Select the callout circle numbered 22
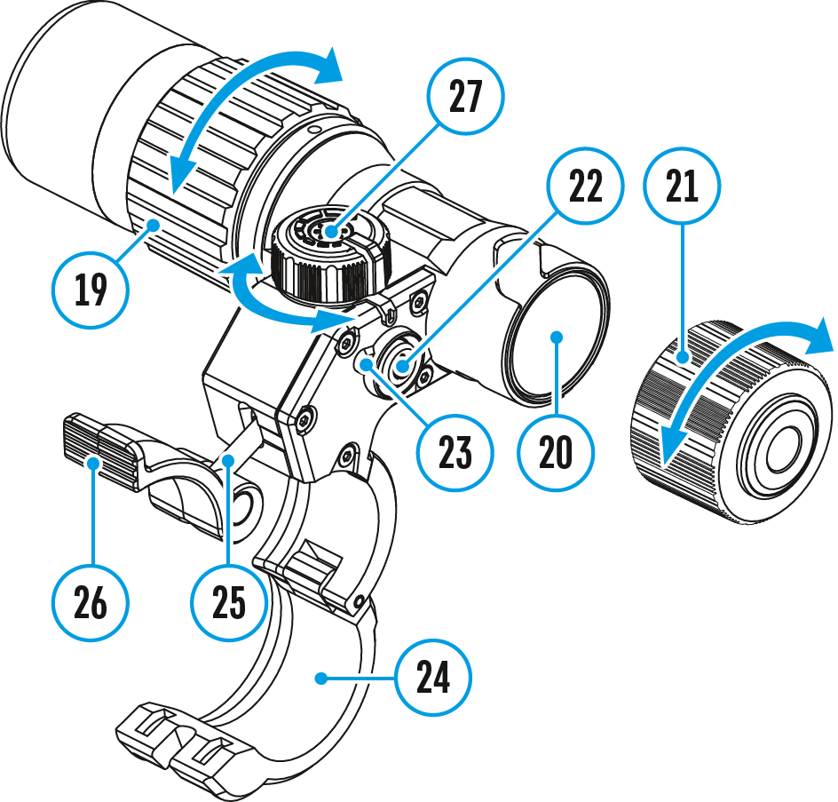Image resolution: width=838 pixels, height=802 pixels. click(x=585, y=187)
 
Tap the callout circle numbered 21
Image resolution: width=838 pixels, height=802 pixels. click(x=683, y=187)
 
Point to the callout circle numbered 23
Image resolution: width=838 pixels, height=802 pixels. click(x=455, y=451)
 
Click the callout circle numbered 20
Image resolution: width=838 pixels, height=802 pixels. click(x=556, y=452)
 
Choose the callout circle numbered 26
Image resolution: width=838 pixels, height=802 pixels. click(x=91, y=604)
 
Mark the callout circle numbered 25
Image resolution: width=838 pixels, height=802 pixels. click(x=229, y=604)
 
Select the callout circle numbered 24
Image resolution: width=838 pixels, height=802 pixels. click(x=432, y=679)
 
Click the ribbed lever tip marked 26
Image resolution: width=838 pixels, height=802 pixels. click(x=98, y=449)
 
